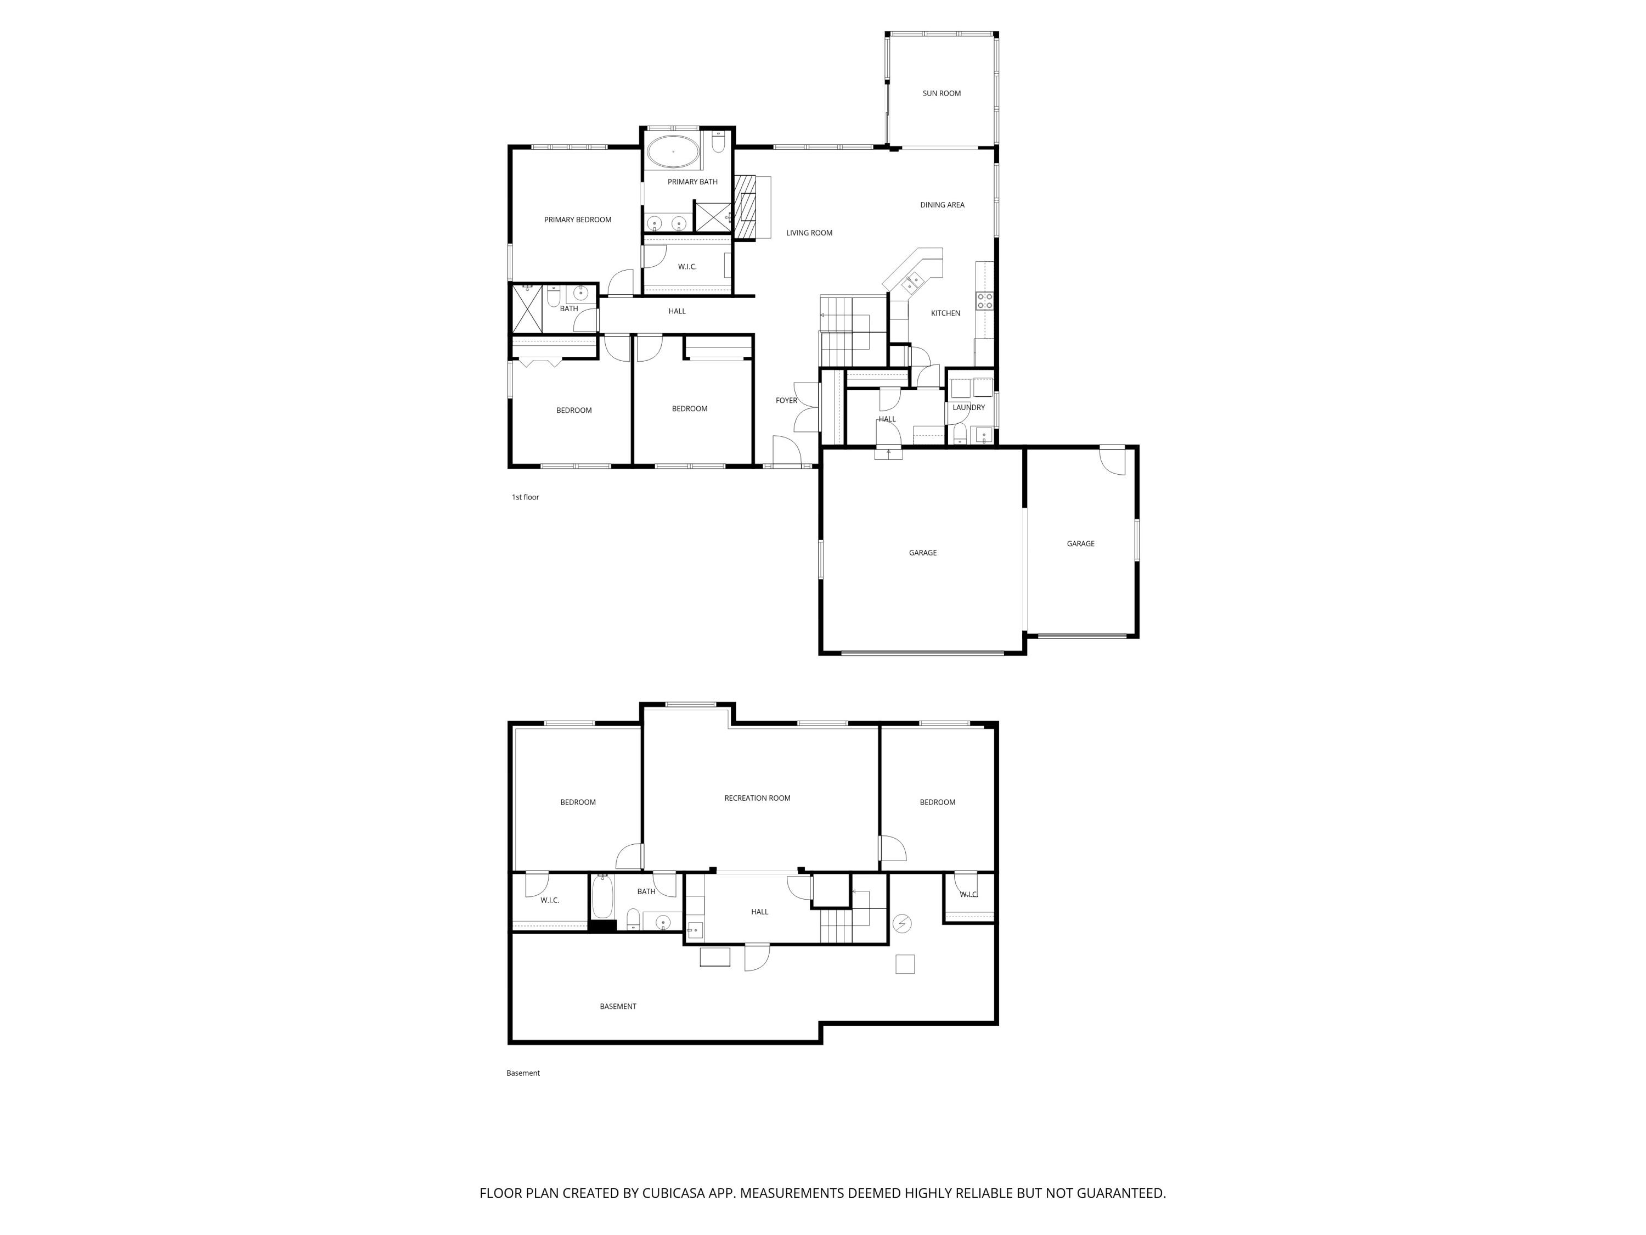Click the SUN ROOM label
point(942,93)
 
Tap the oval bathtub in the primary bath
point(673,152)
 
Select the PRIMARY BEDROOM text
point(577,220)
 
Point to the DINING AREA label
point(942,205)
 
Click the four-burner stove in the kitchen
point(984,301)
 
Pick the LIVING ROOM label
point(809,233)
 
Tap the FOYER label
point(787,401)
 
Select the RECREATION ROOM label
point(757,798)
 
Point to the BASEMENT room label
point(618,1007)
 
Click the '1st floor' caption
point(526,497)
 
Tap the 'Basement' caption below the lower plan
point(523,1073)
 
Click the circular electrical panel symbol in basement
point(902,924)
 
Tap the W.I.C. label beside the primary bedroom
point(687,267)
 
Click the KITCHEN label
point(945,313)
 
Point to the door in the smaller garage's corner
point(1113,460)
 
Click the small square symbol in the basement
point(905,964)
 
